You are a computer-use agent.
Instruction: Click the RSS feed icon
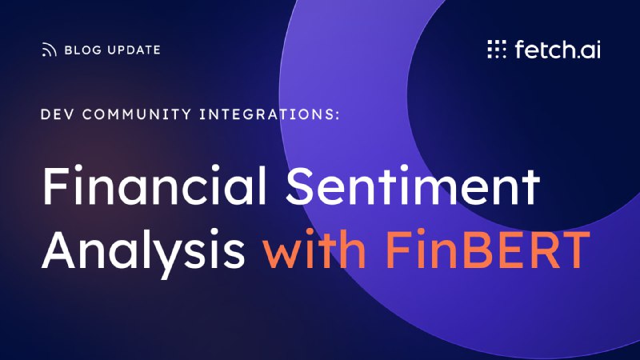[49, 50]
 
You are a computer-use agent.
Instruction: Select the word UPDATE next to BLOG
[134, 50]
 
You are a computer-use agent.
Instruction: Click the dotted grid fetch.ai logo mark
[497, 49]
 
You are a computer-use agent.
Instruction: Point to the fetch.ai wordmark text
[558, 50]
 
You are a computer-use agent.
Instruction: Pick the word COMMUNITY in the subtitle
[137, 114]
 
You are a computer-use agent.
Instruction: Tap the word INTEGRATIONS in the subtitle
[266, 114]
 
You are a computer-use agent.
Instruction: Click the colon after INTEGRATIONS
[337, 115]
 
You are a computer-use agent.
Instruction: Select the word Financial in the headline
[154, 185]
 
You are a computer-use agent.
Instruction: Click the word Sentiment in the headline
[413, 185]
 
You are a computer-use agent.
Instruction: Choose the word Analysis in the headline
[143, 250]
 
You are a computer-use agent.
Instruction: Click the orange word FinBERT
[488, 250]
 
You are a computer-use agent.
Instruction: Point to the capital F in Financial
[55, 185]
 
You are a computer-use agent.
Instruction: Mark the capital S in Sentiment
[301, 185]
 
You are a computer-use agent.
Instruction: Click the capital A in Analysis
[58, 250]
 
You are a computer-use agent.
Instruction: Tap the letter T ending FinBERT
[575, 250]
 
